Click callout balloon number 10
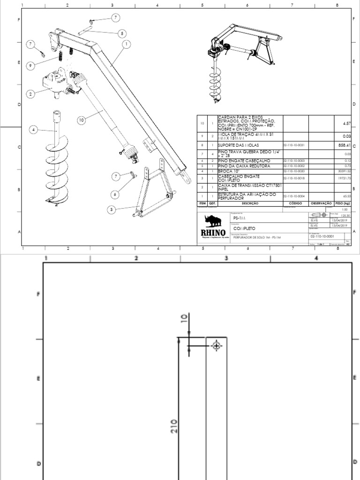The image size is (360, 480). (x=81, y=120)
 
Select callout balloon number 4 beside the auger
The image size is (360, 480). (x=33, y=129)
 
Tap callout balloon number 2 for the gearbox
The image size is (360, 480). (x=30, y=94)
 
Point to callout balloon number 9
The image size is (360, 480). (x=30, y=67)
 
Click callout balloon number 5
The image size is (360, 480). (x=122, y=33)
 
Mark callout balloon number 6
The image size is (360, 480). (x=116, y=176)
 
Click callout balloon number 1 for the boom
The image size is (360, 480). (x=127, y=44)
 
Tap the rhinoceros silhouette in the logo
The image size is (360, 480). (x=213, y=221)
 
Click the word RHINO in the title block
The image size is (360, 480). (x=213, y=233)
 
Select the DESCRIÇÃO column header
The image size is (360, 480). (x=250, y=204)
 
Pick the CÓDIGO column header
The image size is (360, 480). (x=295, y=204)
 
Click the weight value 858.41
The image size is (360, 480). (x=345, y=145)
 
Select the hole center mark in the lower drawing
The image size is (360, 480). (x=216, y=346)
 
